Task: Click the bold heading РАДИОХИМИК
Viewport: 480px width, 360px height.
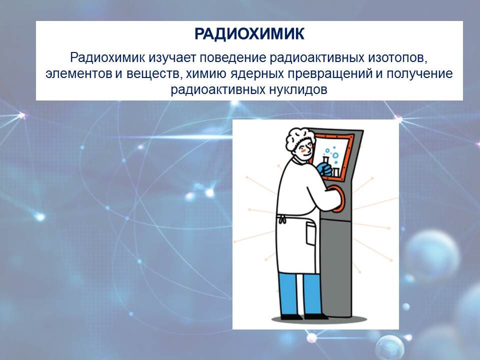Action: tap(249, 34)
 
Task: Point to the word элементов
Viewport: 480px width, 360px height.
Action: tap(78, 74)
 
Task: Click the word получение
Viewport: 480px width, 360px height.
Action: tap(419, 74)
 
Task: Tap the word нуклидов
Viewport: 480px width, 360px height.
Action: tap(298, 90)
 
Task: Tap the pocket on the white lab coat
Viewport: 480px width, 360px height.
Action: tap(310, 233)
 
